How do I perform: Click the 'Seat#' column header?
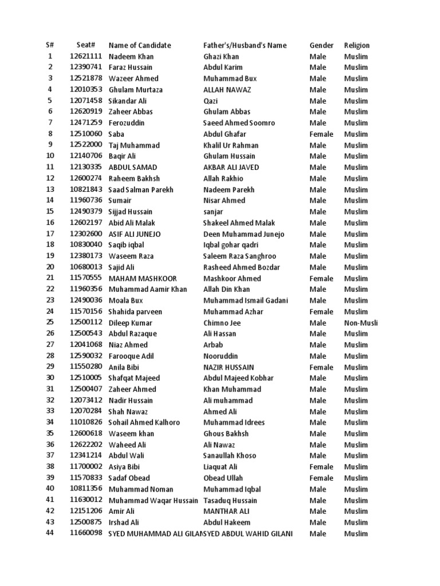(x=85, y=45)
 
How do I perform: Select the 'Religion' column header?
(x=356, y=45)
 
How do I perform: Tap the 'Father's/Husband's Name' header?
(x=245, y=45)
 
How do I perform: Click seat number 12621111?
(x=86, y=57)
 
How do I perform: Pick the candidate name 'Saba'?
(x=116, y=134)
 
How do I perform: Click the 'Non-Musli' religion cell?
(x=360, y=323)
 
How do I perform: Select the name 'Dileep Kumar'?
(x=131, y=323)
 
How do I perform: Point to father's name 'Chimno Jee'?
(x=223, y=323)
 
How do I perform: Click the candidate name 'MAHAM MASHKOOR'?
(x=143, y=279)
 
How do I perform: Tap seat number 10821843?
(x=86, y=189)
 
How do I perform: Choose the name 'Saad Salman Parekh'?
(x=140, y=189)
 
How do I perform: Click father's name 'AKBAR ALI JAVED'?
(x=231, y=167)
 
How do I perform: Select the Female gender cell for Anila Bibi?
(x=321, y=367)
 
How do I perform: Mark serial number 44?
(x=49, y=533)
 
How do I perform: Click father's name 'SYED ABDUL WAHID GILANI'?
(x=249, y=533)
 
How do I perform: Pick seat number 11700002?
(x=86, y=467)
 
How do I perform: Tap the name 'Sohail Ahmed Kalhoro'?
(x=144, y=422)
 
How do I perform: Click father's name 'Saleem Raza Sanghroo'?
(x=239, y=256)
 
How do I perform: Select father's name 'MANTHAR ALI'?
(x=226, y=511)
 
